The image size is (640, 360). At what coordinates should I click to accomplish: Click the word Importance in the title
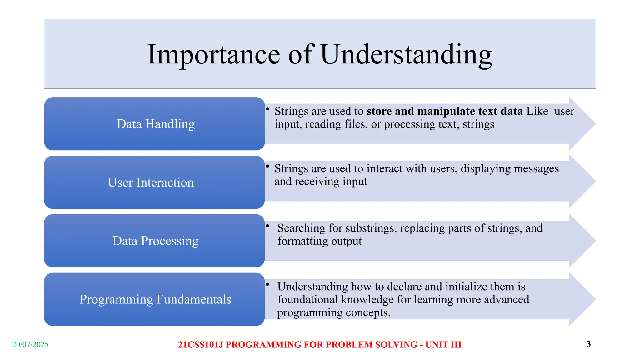click(213, 55)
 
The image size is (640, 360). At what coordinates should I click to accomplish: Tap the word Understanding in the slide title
click(406, 55)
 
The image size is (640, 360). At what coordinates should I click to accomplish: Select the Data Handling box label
click(156, 124)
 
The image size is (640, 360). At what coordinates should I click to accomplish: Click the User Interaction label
click(151, 182)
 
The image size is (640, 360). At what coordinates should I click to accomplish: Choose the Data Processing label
click(155, 241)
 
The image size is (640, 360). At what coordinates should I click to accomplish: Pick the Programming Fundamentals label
click(155, 299)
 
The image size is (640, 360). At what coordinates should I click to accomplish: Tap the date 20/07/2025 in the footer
click(30, 344)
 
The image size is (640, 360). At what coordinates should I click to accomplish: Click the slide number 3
click(588, 344)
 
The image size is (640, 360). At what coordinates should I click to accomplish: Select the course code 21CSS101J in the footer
click(201, 344)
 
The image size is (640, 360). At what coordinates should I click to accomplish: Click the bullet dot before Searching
click(267, 226)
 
